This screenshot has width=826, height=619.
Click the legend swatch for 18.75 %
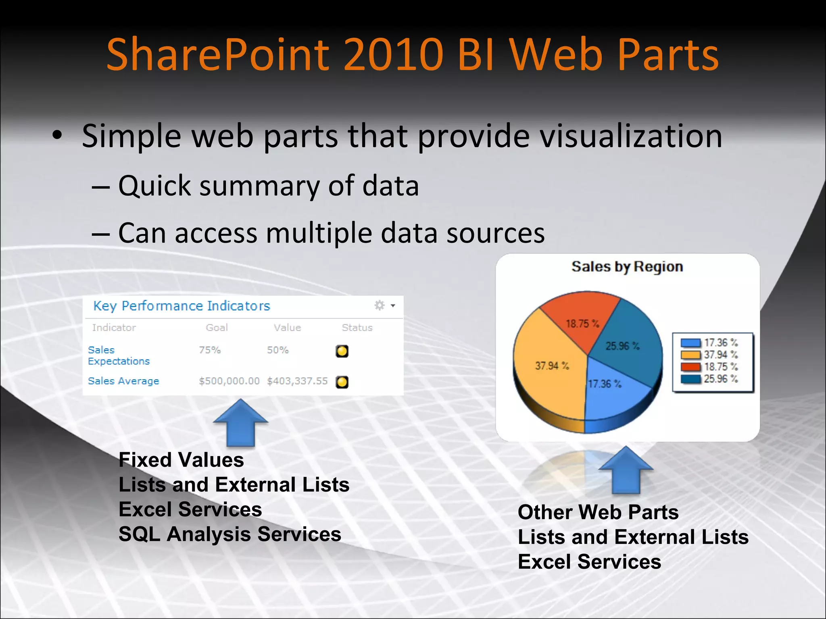pyautogui.click(x=690, y=367)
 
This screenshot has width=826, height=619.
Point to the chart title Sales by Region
pyautogui.click(x=627, y=267)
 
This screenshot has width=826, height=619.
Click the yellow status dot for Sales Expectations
pyautogui.click(x=342, y=351)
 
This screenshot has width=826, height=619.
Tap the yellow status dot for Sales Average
pyautogui.click(x=342, y=382)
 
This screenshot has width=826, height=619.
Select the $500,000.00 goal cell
pyautogui.click(x=229, y=381)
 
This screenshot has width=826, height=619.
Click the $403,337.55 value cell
pyautogui.click(x=297, y=381)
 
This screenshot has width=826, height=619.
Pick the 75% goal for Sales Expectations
pyautogui.click(x=210, y=350)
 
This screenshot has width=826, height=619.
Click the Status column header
pyautogui.click(x=357, y=328)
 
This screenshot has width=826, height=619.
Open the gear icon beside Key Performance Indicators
pyautogui.click(x=380, y=305)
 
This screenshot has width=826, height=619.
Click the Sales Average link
pyautogui.click(x=123, y=381)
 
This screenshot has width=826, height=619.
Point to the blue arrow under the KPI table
pyautogui.click(x=240, y=423)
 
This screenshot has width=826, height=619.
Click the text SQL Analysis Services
pyautogui.click(x=230, y=534)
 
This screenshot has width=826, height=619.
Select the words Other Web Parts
pyautogui.click(x=598, y=513)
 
